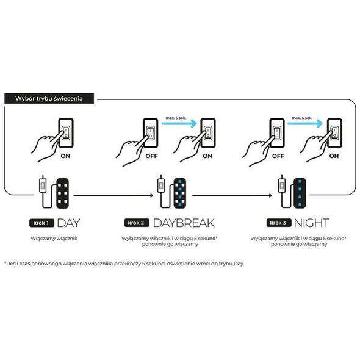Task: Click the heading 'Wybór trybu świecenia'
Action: point(49,98)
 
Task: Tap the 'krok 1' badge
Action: point(41,223)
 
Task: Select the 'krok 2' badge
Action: point(137,223)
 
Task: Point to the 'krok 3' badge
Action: point(278,223)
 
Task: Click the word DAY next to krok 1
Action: point(68,223)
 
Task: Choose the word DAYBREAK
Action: point(184,223)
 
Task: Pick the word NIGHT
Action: point(312,223)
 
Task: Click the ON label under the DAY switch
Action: point(65,156)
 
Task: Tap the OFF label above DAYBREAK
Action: point(151,156)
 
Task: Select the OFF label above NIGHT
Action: point(278,156)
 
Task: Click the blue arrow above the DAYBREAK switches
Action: point(179,123)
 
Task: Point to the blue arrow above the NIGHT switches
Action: point(305,123)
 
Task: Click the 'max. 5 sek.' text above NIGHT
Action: point(302,118)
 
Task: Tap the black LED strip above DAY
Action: point(63,193)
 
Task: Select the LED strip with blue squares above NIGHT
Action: point(300,193)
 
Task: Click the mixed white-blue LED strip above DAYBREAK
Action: point(180,193)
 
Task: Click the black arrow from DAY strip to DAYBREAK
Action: point(113,196)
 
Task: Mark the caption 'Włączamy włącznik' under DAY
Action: point(54,239)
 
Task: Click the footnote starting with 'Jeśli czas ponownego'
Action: point(124,264)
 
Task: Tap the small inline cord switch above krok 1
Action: point(43,185)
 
